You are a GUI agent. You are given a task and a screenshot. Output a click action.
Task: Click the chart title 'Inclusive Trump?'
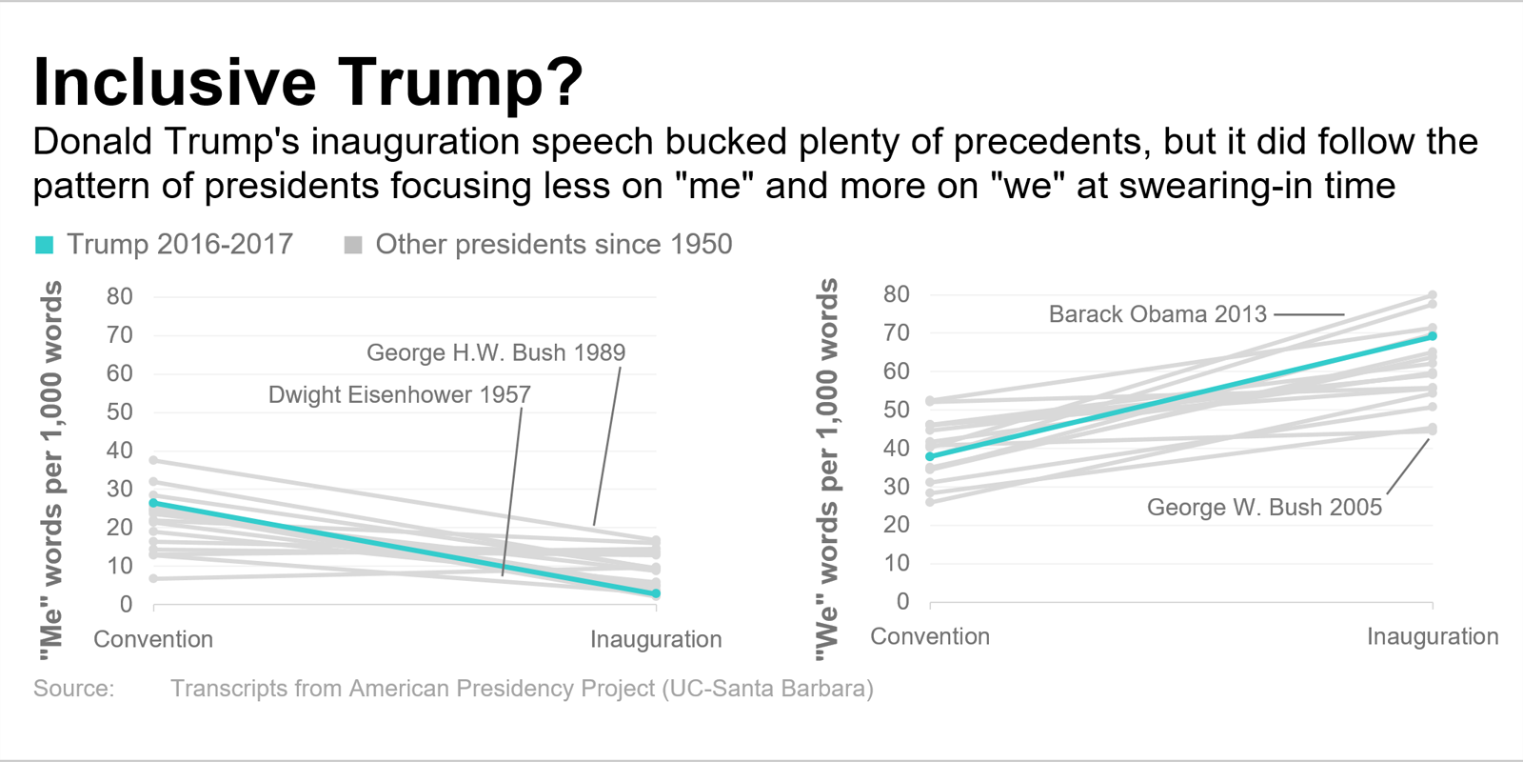[307, 82]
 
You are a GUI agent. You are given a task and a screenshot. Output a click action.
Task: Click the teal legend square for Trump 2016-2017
[44, 245]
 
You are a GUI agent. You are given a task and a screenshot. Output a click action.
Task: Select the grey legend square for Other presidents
[353, 245]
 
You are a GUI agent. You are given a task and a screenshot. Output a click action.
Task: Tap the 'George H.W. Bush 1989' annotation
[495, 352]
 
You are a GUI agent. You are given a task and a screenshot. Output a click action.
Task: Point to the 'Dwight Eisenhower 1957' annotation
[399, 394]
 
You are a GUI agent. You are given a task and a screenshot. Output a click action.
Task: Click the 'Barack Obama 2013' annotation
[1157, 314]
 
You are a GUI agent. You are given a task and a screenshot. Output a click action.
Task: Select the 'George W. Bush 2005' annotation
[1263, 507]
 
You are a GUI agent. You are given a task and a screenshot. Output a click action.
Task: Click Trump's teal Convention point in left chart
[154, 503]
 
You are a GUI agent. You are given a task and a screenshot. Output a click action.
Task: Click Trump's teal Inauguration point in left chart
[656, 593]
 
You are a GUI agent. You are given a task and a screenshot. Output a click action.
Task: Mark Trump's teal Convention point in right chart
[930, 457]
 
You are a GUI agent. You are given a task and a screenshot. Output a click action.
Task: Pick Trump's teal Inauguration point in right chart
[1432, 336]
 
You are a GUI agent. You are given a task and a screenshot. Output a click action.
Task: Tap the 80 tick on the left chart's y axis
[120, 296]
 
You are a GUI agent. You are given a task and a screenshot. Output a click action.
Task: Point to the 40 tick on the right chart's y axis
[896, 448]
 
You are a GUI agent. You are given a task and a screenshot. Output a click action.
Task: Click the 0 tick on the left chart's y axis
[126, 604]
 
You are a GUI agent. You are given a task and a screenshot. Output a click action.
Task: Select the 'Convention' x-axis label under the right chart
[929, 636]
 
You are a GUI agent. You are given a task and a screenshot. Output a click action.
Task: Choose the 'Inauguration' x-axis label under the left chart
[655, 639]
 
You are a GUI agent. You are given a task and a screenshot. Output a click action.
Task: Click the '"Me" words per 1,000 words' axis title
[50, 470]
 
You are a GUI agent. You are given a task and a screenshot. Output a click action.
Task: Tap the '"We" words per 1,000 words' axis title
[827, 469]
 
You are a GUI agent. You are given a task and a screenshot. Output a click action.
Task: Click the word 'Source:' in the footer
[73, 689]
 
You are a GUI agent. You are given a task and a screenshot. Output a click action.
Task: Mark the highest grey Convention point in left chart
[154, 460]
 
